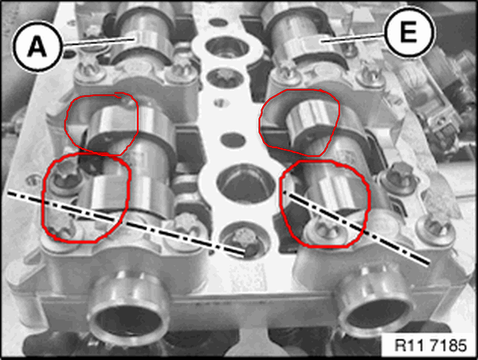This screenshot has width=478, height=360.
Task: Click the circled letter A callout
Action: (x=37, y=46)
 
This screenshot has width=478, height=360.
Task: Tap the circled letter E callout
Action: (x=409, y=32)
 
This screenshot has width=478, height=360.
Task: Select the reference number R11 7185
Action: (x=430, y=346)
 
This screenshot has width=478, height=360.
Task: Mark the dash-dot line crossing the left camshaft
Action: (x=126, y=222)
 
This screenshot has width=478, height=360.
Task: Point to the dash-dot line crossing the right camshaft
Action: (x=356, y=228)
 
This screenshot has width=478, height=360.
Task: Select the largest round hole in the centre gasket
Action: (x=245, y=183)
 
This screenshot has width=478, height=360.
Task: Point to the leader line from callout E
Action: (x=353, y=37)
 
